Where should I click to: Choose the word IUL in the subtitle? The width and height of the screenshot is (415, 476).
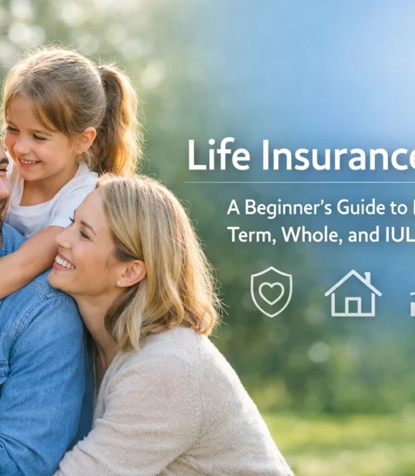coord(399,233)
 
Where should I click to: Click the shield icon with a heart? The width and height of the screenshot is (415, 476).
coord(272,291)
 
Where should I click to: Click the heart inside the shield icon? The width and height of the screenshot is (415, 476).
coord(272,291)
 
